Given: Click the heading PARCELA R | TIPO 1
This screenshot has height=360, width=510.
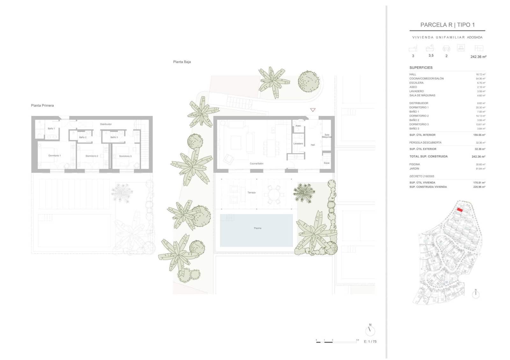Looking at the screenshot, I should [x=447, y=25].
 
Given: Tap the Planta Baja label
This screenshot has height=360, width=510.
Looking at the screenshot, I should [x=182, y=62].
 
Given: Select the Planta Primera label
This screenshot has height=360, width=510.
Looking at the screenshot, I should [x=42, y=105].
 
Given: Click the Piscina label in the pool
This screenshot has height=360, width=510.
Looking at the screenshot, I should [x=258, y=228].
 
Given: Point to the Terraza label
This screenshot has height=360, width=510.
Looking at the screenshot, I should [x=251, y=192].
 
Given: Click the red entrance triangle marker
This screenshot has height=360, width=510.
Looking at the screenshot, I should [x=313, y=110].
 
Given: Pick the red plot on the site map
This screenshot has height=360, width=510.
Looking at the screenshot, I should [x=460, y=210].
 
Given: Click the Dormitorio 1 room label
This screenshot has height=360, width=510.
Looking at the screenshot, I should [x=55, y=155].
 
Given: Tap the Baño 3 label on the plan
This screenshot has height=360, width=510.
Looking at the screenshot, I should [x=114, y=137].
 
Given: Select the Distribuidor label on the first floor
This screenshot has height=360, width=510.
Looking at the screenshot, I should [x=106, y=124].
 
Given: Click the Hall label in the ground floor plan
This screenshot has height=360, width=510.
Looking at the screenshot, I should [x=313, y=145].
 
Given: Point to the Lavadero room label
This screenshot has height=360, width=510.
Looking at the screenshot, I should [x=298, y=144].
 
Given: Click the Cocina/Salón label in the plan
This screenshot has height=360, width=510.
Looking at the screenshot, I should [x=257, y=163].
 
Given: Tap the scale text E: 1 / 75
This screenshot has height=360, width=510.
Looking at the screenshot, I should [x=370, y=342].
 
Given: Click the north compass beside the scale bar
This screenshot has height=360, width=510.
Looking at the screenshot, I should [x=370, y=330].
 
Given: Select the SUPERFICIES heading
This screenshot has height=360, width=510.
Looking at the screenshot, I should [x=421, y=68].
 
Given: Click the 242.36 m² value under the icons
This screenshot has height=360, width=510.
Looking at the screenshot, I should [x=478, y=57].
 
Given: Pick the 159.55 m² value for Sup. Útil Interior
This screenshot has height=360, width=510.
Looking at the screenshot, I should [x=479, y=135].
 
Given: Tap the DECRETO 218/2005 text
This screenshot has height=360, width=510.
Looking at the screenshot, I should [x=421, y=176].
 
